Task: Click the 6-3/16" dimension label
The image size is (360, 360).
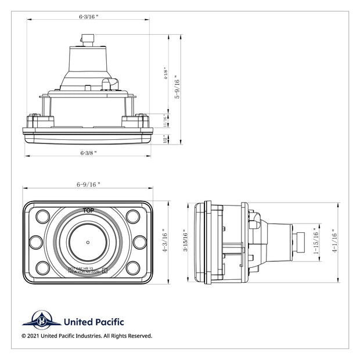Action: tap(89, 17)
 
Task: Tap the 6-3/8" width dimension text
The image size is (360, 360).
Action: tap(88, 153)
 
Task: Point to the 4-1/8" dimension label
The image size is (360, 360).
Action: tap(166, 74)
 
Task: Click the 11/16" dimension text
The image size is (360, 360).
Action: tap(165, 120)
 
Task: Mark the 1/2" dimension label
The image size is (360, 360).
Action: tap(165, 139)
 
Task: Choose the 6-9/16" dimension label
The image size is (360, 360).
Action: tap(88, 184)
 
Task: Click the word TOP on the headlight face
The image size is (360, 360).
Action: tap(88, 209)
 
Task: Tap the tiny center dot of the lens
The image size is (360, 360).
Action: tap(88, 242)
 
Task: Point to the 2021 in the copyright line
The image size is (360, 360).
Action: tap(34, 336)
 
